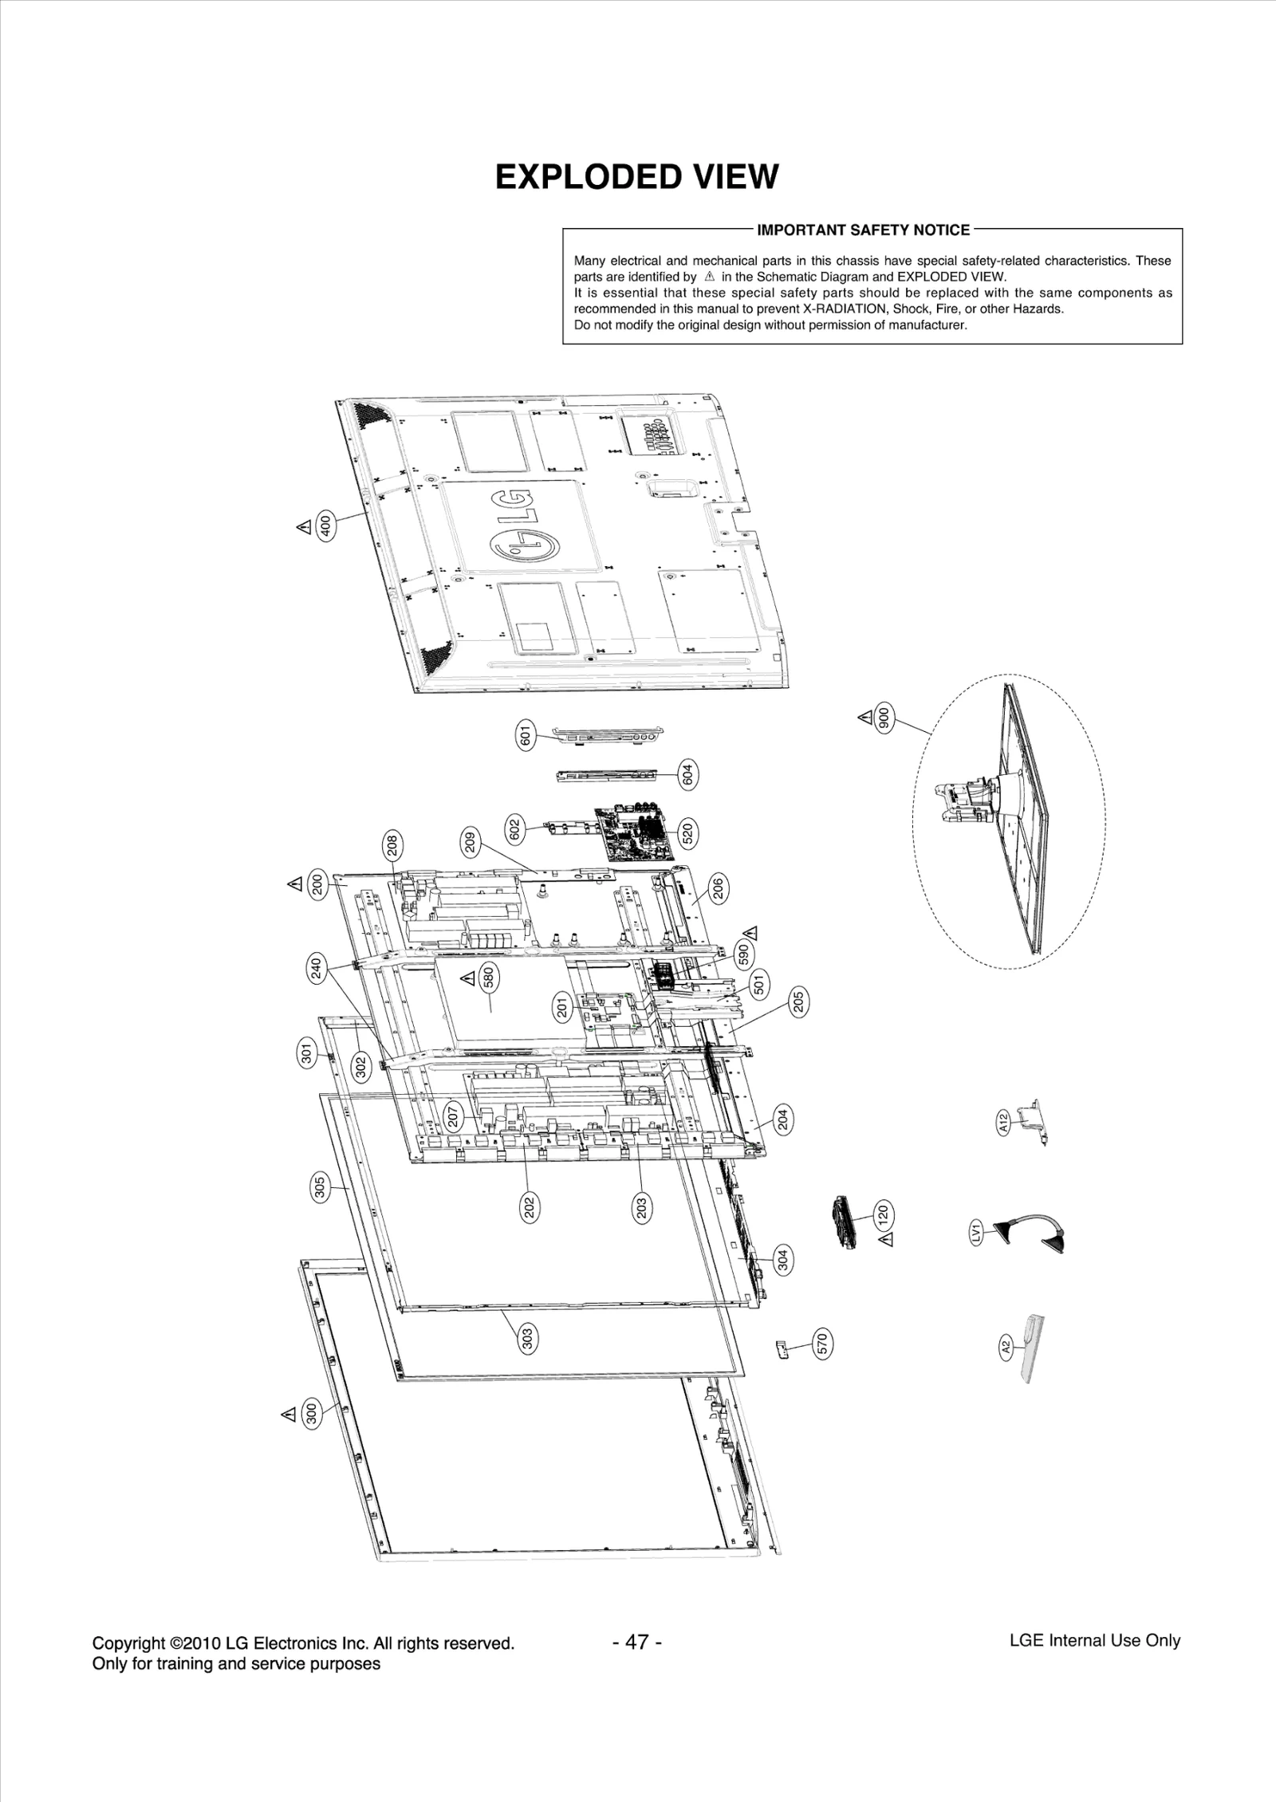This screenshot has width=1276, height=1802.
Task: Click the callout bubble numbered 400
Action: (325, 526)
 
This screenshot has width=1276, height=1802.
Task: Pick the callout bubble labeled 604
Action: (687, 774)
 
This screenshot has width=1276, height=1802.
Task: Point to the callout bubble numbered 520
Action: (687, 833)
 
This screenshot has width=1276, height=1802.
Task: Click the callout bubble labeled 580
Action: (490, 978)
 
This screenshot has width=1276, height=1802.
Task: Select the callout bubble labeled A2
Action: (1006, 1347)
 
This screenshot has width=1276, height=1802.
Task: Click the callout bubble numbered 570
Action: (822, 1344)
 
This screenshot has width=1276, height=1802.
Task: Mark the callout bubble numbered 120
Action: (883, 1214)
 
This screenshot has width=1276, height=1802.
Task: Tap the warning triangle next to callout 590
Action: (750, 933)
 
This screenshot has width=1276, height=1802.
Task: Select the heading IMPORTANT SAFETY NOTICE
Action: (863, 230)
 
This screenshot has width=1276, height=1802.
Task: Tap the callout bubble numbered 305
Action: (319, 1188)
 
